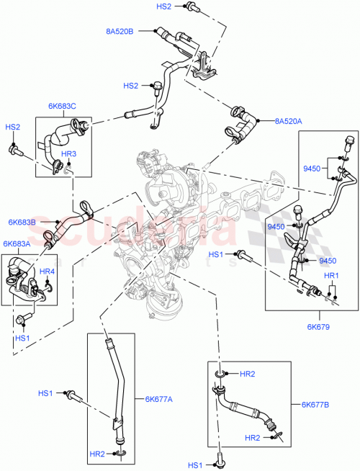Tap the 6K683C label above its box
pos(63,107)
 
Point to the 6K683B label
pos(22,222)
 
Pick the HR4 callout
pos(47,272)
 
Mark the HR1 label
pos(330,276)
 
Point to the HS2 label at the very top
pos(163,6)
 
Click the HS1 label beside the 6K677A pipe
pos(46,393)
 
